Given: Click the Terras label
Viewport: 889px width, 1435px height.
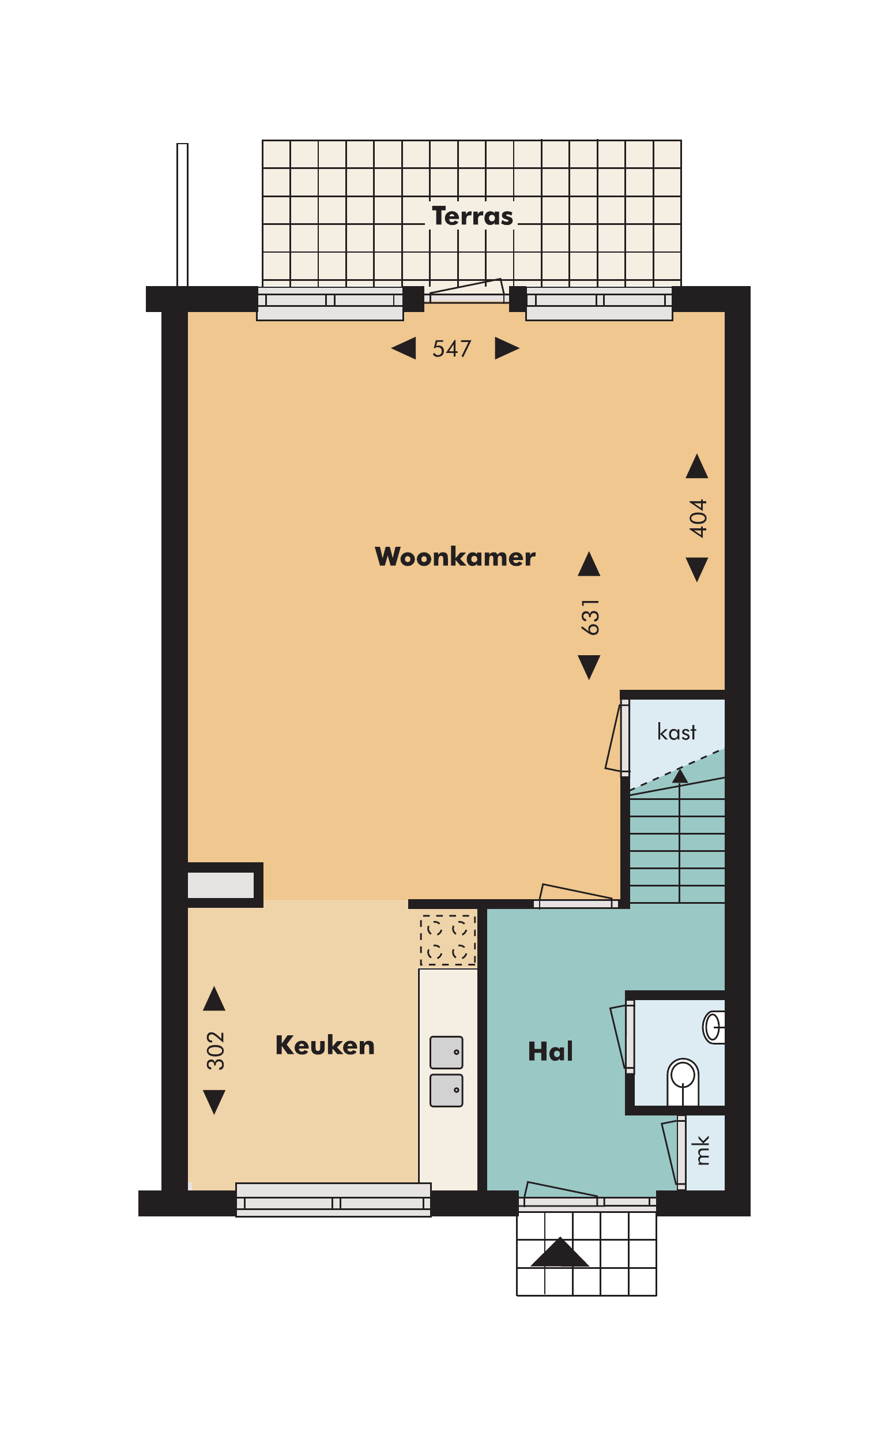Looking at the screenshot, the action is [472, 216].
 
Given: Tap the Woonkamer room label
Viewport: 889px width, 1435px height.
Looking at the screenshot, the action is [455, 557].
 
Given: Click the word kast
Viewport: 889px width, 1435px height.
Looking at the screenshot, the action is [676, 732].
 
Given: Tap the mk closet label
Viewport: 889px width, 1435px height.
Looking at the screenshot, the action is [702, 1150].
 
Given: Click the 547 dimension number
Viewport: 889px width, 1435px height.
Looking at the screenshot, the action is [451, 349].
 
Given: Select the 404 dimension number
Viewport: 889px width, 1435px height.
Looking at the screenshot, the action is [698, 518].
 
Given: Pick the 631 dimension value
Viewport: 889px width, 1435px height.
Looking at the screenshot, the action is [590, 617].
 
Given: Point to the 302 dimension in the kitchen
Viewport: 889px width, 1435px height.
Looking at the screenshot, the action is [215, 1050].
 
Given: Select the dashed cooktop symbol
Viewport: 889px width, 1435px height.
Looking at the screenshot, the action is [447, 940].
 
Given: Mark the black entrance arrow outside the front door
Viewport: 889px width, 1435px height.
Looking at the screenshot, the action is [560, 1252].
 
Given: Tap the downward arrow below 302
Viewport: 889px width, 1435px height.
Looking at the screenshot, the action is [214, 1102].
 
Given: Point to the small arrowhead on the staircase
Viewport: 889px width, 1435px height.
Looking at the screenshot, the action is [680, 776].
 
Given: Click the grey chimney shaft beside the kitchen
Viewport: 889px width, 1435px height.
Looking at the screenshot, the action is [220, 885].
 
